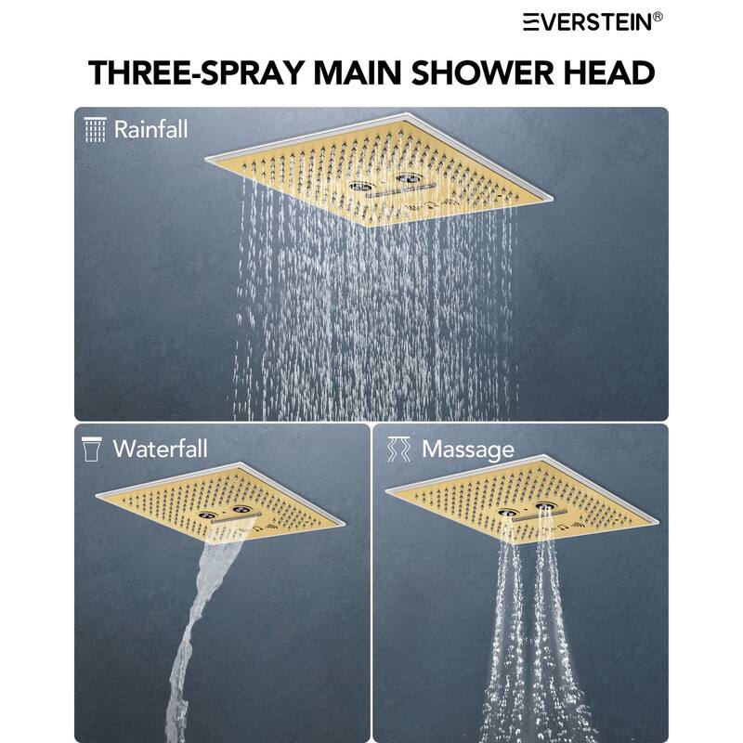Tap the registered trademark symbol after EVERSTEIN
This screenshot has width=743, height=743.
pos(658,16)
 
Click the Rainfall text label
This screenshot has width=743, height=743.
pos(150,129)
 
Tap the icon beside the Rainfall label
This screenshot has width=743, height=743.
pos(95,129)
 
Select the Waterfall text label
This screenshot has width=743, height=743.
pos(160,449)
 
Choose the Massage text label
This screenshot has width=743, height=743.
pos(467,450)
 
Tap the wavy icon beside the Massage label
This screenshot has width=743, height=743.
pos(398,449)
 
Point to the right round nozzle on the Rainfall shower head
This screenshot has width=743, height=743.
pos(406,176)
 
